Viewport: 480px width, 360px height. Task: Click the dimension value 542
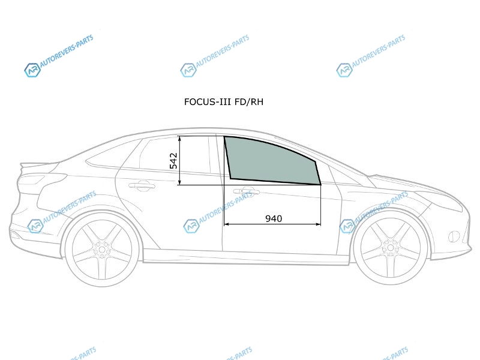pos(173,161)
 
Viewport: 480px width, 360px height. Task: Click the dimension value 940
pos(274,218)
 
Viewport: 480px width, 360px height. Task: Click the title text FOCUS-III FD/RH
pos(223,101)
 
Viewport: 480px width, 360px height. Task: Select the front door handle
pos(247,191)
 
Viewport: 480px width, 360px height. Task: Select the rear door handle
pos(142,185)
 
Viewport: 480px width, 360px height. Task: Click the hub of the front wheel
pos(390,247)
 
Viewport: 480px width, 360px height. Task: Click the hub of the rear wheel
pos(102,248)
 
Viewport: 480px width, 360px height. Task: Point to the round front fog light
pos(454,236)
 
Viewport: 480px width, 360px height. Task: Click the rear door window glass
pos(175,155)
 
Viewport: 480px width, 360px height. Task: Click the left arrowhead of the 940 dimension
pos(227,224)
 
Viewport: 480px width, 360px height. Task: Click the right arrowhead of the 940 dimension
pos(318,224)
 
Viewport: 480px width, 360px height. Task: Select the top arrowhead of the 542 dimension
pos(179,139)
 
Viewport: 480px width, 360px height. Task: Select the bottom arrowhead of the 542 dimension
pos(179,182)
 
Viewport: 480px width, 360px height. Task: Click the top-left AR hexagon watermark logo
pos(32,70)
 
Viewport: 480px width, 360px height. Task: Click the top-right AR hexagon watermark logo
pos(344,70)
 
